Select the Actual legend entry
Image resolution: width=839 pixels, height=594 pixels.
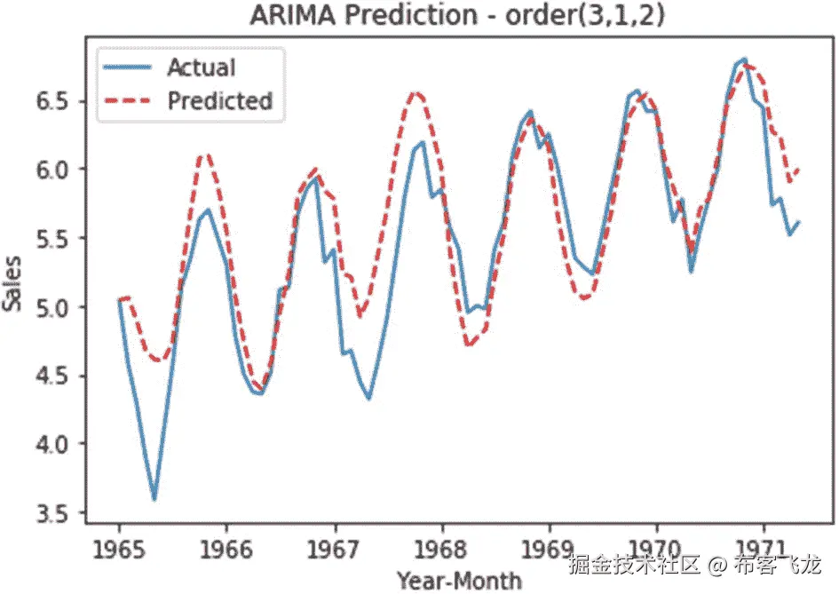(x=202, y=67)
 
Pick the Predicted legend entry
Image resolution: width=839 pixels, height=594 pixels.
(x=219, y=100)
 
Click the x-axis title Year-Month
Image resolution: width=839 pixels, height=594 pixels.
(x=459, y=580)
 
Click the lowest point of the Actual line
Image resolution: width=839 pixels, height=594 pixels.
(x=154, y=499)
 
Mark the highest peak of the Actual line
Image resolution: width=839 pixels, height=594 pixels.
(x=745, y=59)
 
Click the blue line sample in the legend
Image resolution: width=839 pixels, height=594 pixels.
(x=128, y=67)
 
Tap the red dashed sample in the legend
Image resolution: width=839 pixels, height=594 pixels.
(x=128, y=100)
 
